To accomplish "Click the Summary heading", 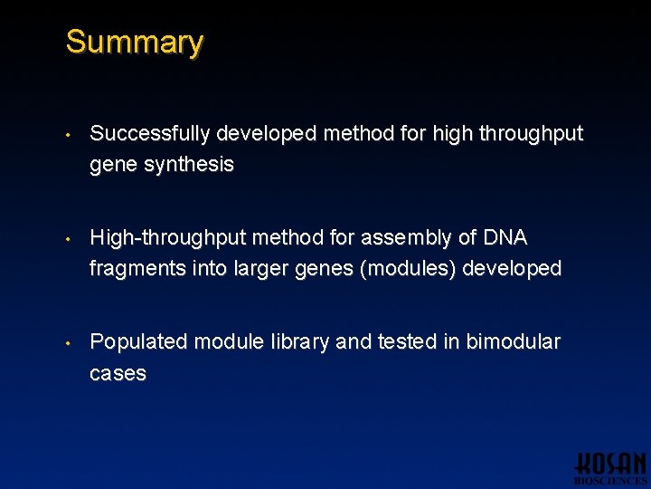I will (135, 43).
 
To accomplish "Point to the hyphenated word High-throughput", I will (168, 238).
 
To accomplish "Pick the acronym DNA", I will (505, 238).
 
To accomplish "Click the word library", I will (297, 342).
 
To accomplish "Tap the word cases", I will (118, 373).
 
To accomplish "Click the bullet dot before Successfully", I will (69, 135).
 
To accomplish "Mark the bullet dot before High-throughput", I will (69, 239).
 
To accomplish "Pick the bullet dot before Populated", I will (69, 343).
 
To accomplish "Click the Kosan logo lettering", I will (610, 463).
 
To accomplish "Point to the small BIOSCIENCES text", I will (610, 481).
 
